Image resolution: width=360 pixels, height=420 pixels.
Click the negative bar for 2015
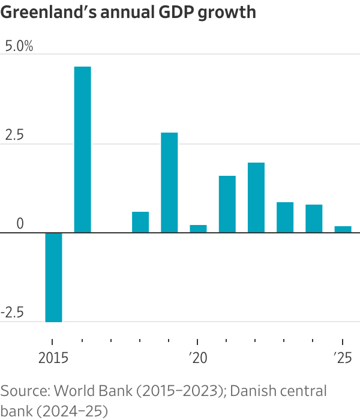(53, 277)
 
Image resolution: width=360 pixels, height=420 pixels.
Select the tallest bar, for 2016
(82, 149)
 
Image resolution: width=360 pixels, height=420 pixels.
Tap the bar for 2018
(140, 222)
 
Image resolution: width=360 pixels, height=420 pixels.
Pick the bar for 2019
(169, 182)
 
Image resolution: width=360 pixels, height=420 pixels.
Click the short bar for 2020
(198, 229)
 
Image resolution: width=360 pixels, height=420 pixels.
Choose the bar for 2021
(227, 204)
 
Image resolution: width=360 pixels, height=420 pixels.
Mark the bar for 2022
(256, 197)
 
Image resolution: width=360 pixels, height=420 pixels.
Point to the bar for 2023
(285, 217)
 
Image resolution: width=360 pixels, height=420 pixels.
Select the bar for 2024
(314, 218)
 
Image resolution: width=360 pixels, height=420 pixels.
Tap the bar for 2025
(343, 229)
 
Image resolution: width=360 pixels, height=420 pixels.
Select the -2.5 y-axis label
(13, 313)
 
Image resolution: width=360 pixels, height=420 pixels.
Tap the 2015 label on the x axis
(54, 358)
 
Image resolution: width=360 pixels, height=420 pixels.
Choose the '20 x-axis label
(198, 358)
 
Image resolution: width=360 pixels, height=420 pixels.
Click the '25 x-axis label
(342, 358)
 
